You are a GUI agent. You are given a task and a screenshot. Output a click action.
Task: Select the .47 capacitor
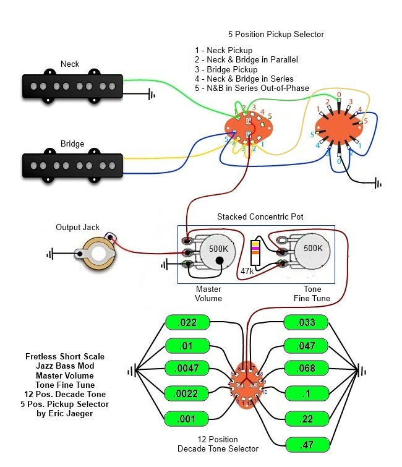(x=307, y=445)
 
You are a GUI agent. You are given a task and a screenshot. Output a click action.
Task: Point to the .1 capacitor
(x=307, y=393)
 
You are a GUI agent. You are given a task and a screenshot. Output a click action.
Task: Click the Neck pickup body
(x=73, y=87)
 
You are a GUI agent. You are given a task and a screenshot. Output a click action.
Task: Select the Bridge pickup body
(x=73, y=164)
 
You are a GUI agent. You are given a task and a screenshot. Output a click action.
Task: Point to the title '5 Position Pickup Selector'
(x=276, y=34)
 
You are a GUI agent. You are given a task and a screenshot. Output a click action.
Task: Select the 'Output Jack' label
(x=78, y=227)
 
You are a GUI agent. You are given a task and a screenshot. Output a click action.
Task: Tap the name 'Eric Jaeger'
(x=71, y=413)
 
